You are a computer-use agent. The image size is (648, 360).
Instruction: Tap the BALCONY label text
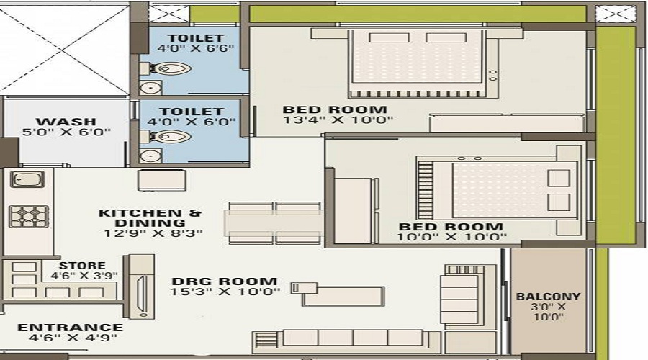pos(548,296)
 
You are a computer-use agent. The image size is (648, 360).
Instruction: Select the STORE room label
pos(82,265)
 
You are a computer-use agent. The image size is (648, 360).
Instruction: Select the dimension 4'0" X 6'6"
pos(191,50)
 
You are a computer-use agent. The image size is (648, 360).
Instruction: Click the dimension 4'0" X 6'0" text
pos(192,122)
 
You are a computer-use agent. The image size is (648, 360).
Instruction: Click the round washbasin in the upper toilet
pos(150,88)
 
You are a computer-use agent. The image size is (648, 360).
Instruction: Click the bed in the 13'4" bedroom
pos(415,64)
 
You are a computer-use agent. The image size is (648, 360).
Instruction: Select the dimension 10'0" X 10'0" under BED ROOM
pos(452,237)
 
